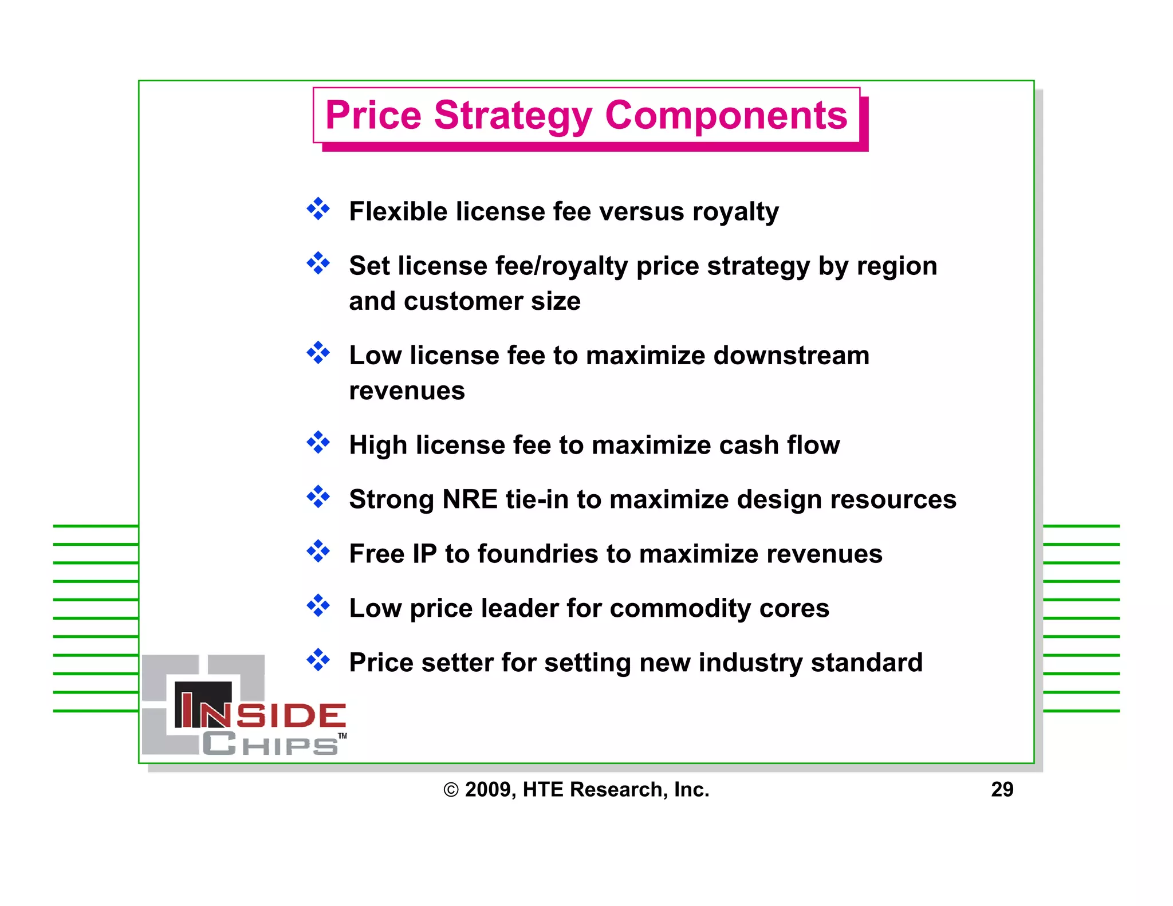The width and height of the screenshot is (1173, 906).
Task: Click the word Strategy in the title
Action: [513, 116]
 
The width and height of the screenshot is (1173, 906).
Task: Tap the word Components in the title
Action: [726, 116]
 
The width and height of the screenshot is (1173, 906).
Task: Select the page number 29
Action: [1002, 789]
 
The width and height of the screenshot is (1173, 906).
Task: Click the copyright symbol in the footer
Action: [451, 790]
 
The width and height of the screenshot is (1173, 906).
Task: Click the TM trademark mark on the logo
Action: [342, 736]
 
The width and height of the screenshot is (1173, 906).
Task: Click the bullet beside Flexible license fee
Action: [318, 209]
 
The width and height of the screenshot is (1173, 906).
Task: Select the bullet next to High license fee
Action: [318, 443]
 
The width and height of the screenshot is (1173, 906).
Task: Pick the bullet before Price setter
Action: [318, 660]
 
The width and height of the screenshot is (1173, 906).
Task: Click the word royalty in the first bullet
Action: [735, 212]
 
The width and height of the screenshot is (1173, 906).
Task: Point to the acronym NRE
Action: [470, 499]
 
